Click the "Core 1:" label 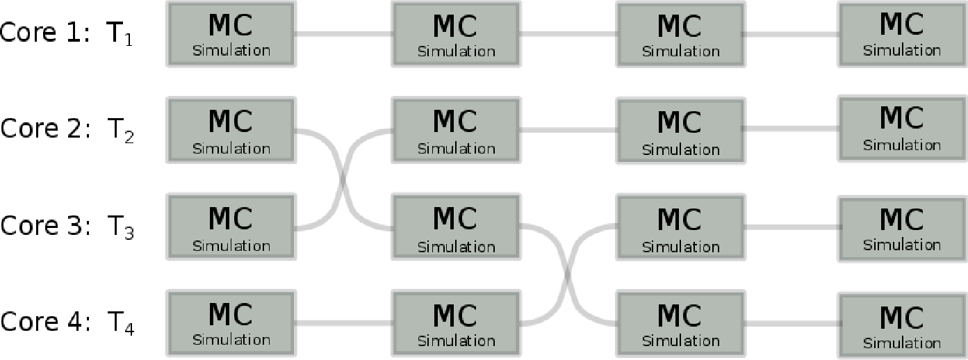point(45,33)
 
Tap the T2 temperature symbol point(121,131)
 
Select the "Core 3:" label point(45,226)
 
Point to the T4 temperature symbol point(121,324)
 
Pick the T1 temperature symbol point(120,35)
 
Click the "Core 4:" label point(45,322)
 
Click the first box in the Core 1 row point(231,34)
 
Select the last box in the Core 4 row point(902,326)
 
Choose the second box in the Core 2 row point(456,131)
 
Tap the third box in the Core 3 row point(680,228)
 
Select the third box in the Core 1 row point(680,34)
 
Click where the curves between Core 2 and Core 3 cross point(343,179)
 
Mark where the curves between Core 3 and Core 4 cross point(568,275)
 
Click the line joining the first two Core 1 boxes point(343,33)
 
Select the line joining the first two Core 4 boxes point(343,323)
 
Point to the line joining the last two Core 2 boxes point(791,129)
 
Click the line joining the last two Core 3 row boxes point(791,227)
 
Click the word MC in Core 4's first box point(230,314)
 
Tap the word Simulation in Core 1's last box point(902,51)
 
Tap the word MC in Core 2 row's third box point(680,122)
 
